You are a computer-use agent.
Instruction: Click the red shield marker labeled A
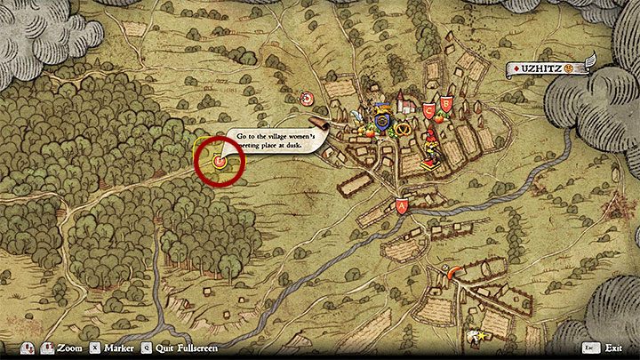(x=402, y=205)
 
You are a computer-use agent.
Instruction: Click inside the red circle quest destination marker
(x=219, y=160)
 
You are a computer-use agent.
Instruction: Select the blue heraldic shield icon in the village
(x=383, y=116)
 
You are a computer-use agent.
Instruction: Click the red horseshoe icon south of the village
(x=457, y=272)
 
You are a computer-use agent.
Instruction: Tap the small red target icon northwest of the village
(x=307, y=98)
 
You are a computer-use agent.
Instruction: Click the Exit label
(x=613, y=348)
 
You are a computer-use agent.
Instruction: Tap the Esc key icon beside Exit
(x=590, y=348)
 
